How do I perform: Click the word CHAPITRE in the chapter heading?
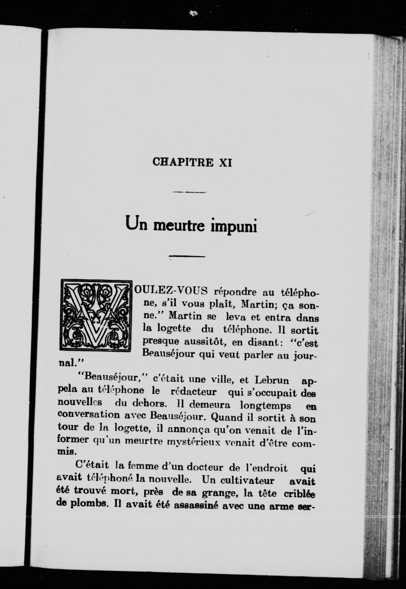pos(183,162)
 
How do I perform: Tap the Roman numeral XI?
pos(225,162)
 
